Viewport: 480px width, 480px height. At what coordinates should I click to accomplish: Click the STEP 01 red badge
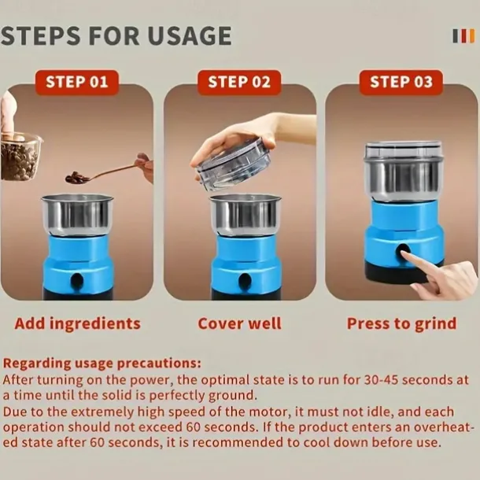77,82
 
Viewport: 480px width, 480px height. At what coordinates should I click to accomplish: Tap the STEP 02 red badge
239,82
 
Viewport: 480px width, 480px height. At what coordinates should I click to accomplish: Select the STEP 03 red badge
401,82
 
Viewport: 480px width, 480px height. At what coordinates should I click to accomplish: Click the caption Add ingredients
77,324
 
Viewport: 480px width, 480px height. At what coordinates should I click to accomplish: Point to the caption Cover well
239,323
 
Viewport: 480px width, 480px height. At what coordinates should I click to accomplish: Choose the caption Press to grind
401,324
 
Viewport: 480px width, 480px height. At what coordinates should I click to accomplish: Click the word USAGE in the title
190,36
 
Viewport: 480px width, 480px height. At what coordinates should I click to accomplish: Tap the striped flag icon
463,36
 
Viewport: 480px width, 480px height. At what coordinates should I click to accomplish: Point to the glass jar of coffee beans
20,157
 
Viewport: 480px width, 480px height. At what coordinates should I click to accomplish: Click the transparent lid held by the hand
233,164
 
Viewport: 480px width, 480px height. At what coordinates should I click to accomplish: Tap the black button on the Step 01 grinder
77,280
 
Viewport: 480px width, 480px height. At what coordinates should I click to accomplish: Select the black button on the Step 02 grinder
246,280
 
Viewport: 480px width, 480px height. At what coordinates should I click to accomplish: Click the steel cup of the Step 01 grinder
77,215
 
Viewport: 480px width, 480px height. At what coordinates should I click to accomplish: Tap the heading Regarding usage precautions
102,364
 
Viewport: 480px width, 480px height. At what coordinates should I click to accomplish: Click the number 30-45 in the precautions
381,380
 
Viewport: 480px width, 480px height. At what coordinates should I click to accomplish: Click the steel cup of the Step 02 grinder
246,215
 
